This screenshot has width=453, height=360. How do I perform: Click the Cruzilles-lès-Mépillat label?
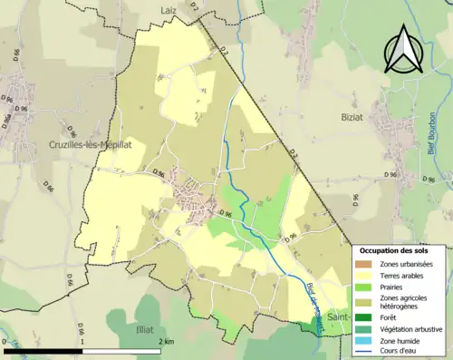91,144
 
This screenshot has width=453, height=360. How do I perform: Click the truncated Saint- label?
338,318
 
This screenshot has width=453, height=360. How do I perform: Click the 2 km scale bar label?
167,342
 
